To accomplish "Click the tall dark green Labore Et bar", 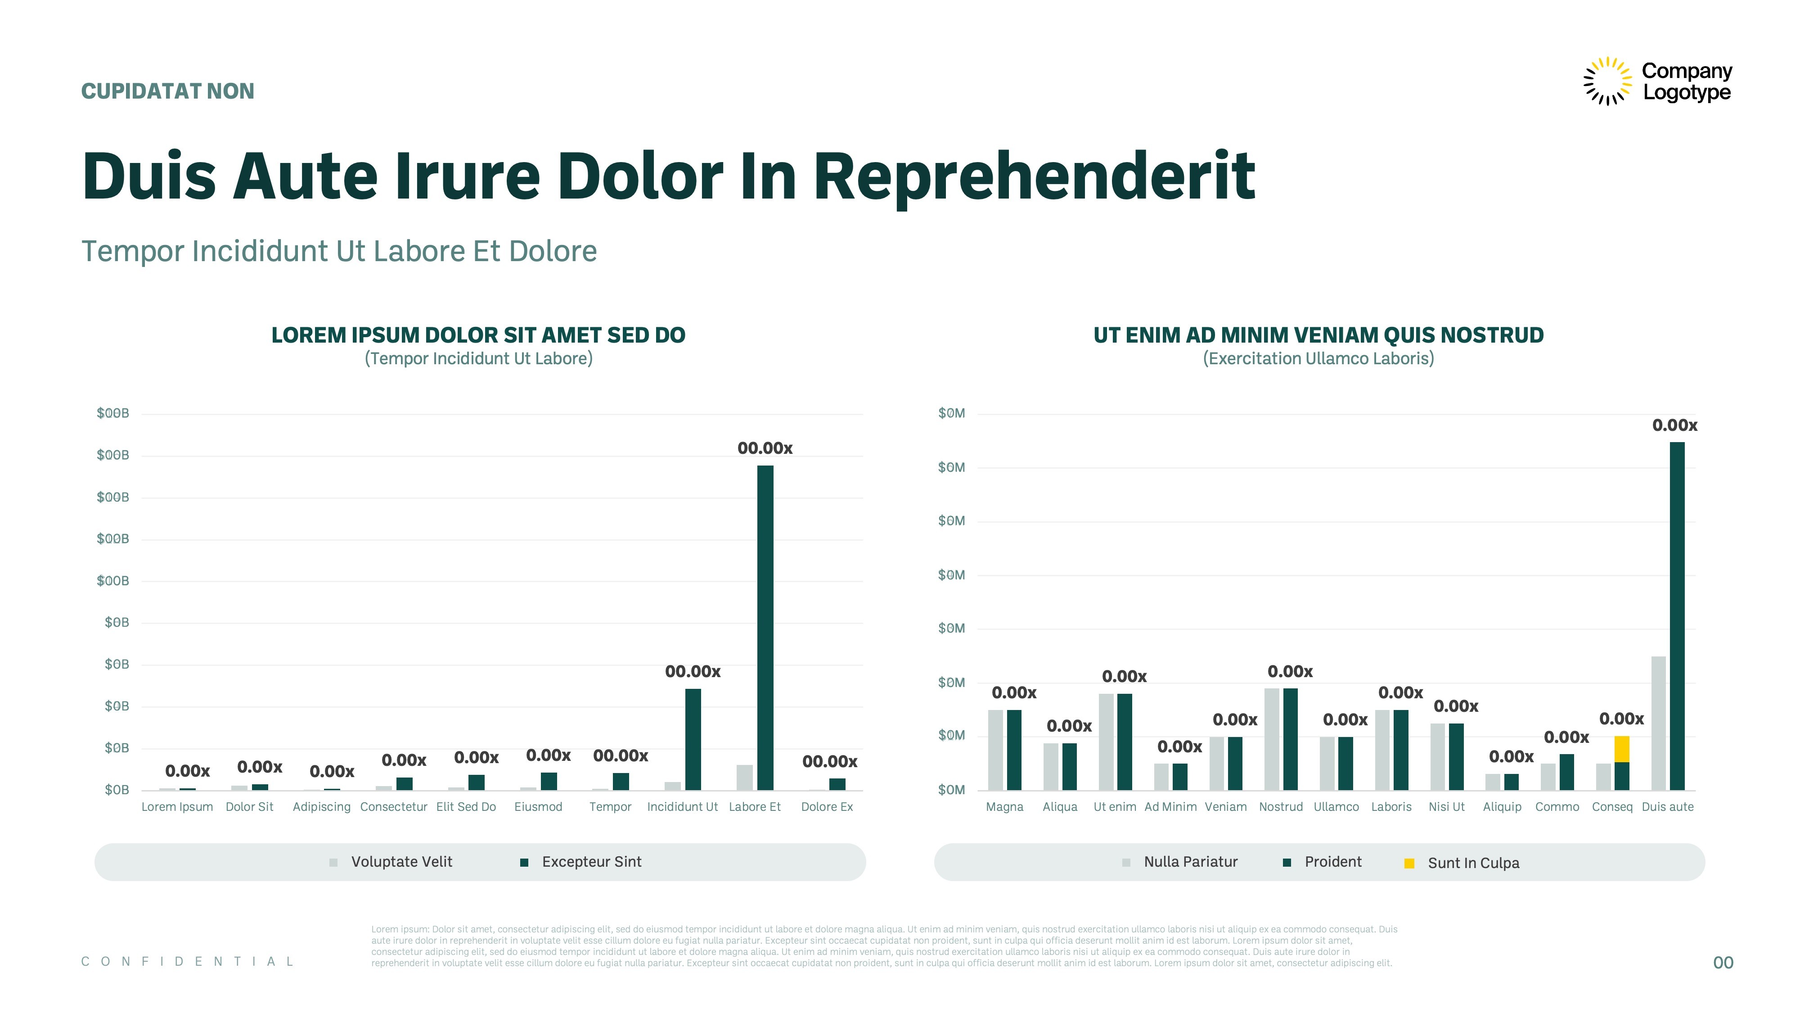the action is [765, 628].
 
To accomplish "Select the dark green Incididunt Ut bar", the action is [693, 740].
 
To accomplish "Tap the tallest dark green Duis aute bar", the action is [1677, 616].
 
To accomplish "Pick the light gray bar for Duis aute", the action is [1658, 724].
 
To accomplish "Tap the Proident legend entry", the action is [1322, 862].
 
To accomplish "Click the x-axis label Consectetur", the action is [393, 807].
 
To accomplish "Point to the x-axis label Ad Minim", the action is [1170, 807].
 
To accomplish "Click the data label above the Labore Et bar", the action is [765, 448].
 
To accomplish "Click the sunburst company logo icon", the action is [1607, 81].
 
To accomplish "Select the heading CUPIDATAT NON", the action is [168, 91].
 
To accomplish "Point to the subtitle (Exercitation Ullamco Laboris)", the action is [1318, 359].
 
